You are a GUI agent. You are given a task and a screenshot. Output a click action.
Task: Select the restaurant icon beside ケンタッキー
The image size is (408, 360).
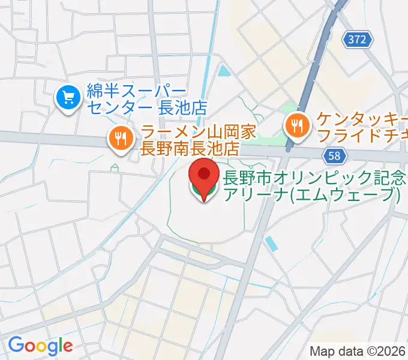click(296, 126)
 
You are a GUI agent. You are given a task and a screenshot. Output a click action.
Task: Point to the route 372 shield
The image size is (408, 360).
click(359, 40)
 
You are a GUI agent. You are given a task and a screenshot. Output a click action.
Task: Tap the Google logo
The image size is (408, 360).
click(40, 345)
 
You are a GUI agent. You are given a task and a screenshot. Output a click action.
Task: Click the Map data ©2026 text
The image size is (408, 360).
click(357, 351)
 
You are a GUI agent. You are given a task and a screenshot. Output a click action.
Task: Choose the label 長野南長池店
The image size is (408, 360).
click(189, 148)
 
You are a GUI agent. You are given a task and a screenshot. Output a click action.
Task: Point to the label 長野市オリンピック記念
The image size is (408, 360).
click(315, 178)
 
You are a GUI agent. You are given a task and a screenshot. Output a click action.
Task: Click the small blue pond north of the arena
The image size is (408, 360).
click(224, 71)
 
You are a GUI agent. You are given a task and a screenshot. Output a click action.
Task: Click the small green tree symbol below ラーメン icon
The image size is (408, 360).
click(114, 167)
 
